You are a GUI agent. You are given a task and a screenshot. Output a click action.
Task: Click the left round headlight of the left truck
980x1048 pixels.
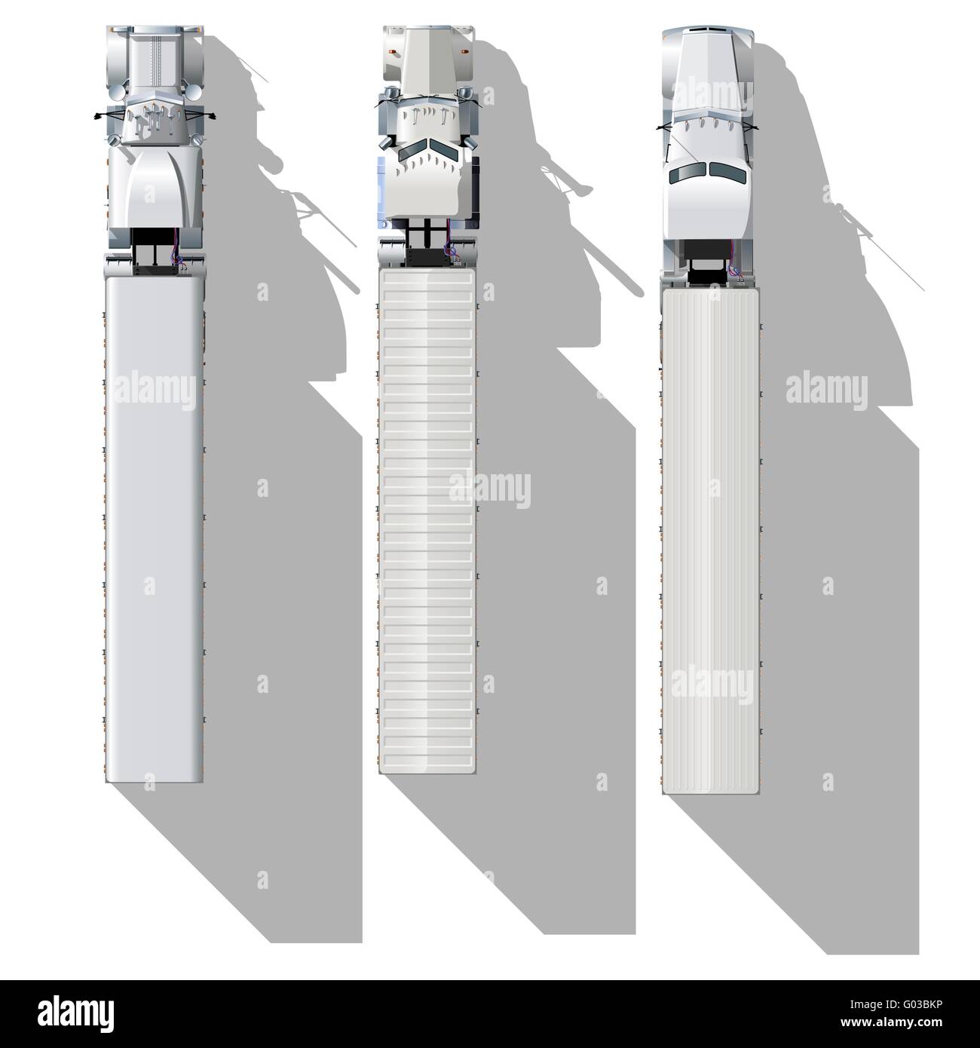tap(115, 94)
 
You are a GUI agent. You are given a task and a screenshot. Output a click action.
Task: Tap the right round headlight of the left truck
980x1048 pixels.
tap(193, 93)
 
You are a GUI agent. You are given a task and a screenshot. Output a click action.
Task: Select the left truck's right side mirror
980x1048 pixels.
tap(210, 115)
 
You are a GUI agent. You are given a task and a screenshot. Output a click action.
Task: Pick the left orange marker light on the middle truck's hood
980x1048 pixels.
tap(392, 51)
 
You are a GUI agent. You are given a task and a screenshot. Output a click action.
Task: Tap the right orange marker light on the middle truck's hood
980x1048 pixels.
tap(465, 51)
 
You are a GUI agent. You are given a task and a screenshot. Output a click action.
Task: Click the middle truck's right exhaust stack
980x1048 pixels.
tap(467, 142)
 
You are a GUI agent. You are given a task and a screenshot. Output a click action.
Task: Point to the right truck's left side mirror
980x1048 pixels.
tap(662, 127)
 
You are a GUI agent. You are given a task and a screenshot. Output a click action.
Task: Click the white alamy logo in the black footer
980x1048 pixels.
tap(76, 1015)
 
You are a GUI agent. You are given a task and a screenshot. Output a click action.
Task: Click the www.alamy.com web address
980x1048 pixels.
tap(891, 1022)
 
